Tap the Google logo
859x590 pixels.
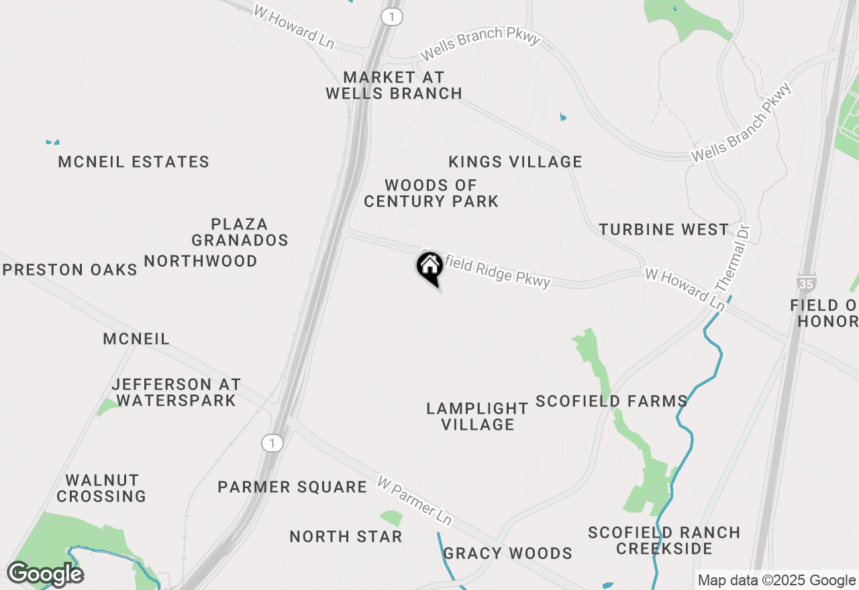(45, 575)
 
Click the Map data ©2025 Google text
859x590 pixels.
(776, 581)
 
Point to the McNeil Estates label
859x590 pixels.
(134, 162)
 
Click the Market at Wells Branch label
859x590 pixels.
(394, 86)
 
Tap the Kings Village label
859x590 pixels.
(515, 162)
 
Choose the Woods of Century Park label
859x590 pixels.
(431, 193)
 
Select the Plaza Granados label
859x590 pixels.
(240, 232)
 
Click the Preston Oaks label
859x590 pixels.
(70, 270)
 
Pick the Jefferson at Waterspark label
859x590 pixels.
(176, 393)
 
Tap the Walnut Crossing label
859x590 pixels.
(102, 489)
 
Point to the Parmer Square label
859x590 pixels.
(292, 487)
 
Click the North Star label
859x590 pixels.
(346, 537)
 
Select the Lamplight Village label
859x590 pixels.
(477, 416)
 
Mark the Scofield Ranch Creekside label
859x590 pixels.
(664, 541)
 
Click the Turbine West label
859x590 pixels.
(664, 230)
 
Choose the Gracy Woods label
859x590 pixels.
(507, 554)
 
